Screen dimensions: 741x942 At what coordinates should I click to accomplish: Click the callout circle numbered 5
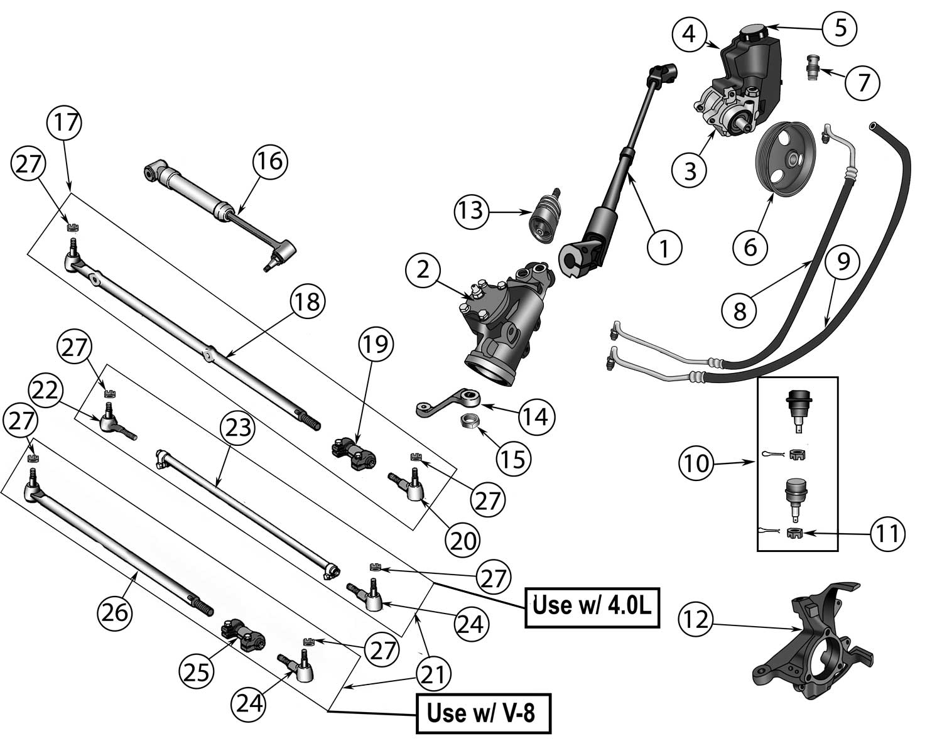[840, 28]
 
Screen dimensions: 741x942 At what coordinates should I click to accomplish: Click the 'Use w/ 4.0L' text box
[591, 607]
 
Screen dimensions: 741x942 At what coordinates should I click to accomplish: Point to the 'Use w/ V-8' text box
[483, 713]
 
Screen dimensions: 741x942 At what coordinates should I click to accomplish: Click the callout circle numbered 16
[270, 162]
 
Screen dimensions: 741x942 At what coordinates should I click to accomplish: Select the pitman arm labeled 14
[448, 404]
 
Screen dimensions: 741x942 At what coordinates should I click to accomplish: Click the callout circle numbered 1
[664, 247]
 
